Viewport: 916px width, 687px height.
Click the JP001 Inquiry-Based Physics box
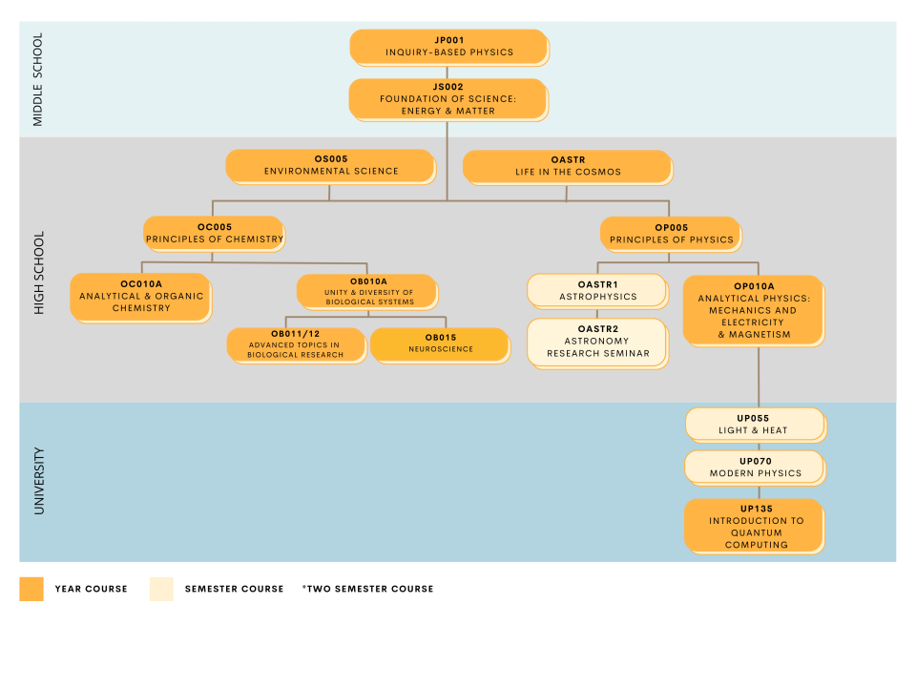pyautogui.click(x=448, y=47)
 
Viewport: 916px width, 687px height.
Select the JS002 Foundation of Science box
pyautogui.click(x=448, y=98)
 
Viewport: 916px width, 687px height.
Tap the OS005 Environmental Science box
pyautogui.click(x=330, y=165)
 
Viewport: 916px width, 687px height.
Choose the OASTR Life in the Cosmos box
pyautogui.click(x=567, y=166)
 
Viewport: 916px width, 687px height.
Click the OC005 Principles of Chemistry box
pyautogui.click(x=214, y=233)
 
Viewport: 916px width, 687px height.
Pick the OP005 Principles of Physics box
pyautogui.click(x=671, y=233)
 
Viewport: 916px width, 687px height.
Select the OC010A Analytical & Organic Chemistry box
pyautogui.click(x=141, y=296)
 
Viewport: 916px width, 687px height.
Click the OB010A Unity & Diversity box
pyautogui.click(x=367, y=291)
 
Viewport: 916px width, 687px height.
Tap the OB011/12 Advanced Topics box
pyautogui.click(x=296, y=344)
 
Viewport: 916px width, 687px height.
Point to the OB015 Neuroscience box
pyautogui.click(x=440, y=343)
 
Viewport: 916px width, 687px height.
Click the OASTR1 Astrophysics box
pyautogui.click(x=597, y=290)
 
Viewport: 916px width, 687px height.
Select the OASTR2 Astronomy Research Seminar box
pyautogui.click(x=597, y=342)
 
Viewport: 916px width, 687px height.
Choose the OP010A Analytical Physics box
pyautogui.click(x=754, y=309)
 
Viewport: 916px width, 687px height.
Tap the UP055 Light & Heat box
pyautogui.click(x=754, y=424)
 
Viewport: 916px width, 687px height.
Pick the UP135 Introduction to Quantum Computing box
pyautogui.click(x=755, y=525)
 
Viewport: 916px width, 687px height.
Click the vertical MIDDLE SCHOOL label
pyautogui.click(x=38, y=79)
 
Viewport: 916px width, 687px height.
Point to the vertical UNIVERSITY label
pyautogui.click(x=38, y=481)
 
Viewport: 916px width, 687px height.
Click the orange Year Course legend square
pyautogui.click(x=31, y=589)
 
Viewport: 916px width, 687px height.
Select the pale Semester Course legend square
pyautogui.click(x=161, y=589)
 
